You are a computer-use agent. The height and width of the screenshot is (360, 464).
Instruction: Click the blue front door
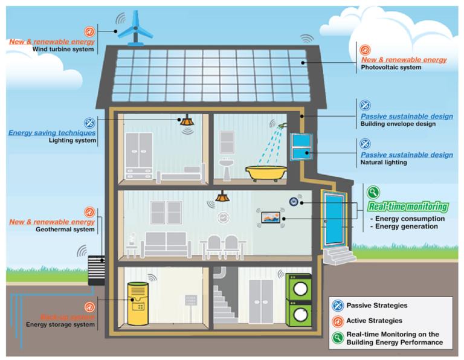pyautogui.click(x=333, y=220)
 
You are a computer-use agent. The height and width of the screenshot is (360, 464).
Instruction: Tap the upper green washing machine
pyautogui.click(x=298, y=288)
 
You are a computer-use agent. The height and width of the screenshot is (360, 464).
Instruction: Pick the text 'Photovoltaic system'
pyautogui.click(x=391, y=68)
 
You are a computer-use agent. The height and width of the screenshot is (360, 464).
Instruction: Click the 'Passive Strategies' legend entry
pyautogui.click(x=376, y=306)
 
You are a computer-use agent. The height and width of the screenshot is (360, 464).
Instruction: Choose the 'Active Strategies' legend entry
pyautogui.click(x=374, y=321)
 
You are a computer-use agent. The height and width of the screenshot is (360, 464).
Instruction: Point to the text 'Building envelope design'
pyautogui.click(x=398, y=124)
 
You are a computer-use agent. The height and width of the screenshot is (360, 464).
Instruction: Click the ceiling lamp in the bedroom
pyautogui.click(x=187, y=121)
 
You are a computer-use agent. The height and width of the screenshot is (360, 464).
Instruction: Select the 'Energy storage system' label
pyautogui.click(x=60, y=324)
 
